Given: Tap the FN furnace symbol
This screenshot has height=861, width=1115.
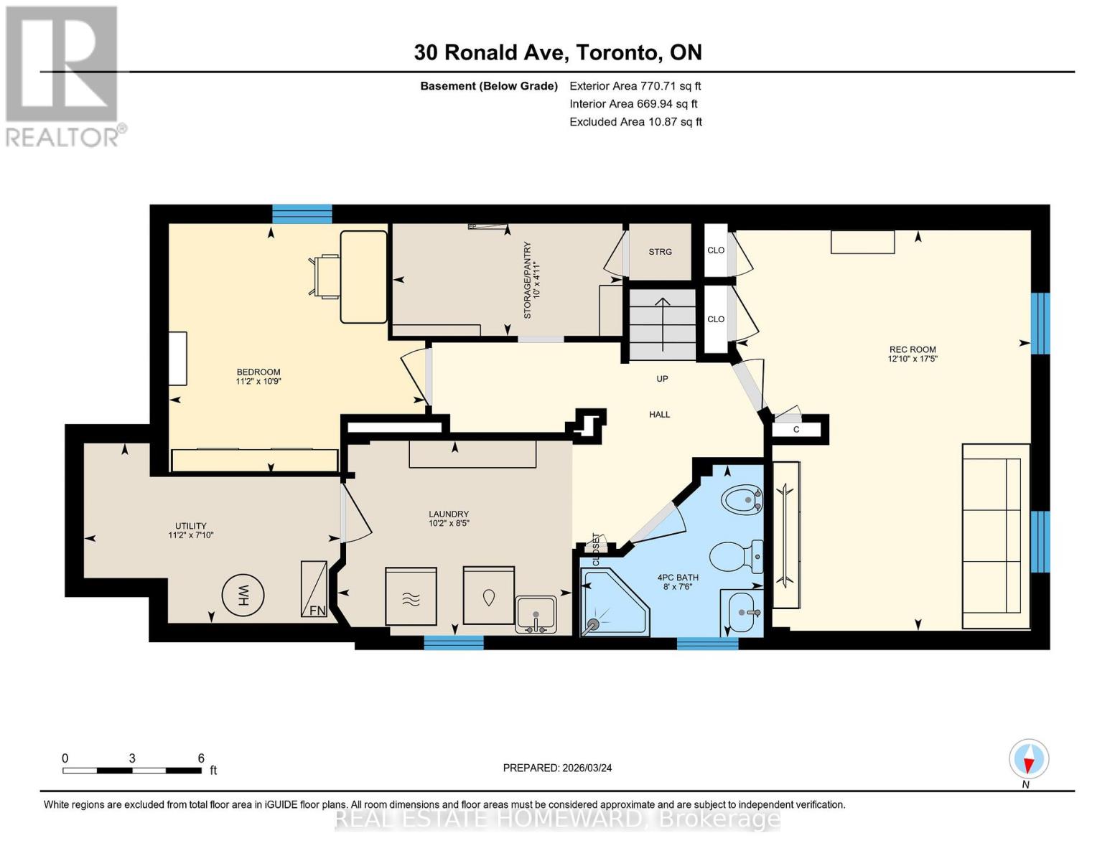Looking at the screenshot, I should pos(314,589).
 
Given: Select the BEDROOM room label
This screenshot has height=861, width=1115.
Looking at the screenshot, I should pos(258,376).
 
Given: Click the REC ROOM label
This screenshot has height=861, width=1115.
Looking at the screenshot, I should pos(913,354).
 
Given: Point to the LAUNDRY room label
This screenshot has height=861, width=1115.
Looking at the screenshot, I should pos(449,518).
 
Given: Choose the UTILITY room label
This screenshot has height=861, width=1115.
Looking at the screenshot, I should pos(191,530).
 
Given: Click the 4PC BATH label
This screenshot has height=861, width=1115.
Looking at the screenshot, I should pos(678,581).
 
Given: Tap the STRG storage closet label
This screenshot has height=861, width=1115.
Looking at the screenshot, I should pos(660,252).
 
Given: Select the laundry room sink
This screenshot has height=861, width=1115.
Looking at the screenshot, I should pos(536,614).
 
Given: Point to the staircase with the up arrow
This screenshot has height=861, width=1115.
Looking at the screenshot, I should pos(663,324).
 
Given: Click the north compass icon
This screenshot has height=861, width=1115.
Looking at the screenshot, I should pos(1029,759).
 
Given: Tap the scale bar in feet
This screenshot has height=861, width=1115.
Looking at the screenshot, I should pos(132,770).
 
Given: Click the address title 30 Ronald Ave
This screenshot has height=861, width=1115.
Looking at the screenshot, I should pos(557,52).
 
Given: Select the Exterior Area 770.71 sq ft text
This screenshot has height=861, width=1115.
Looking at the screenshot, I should pos(635,85).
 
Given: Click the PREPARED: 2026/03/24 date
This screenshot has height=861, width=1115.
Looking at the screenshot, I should pos(557,768).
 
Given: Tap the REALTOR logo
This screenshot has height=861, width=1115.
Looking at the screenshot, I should pos(63,75).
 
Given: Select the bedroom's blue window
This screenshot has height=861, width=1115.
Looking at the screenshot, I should pos(302,213).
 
